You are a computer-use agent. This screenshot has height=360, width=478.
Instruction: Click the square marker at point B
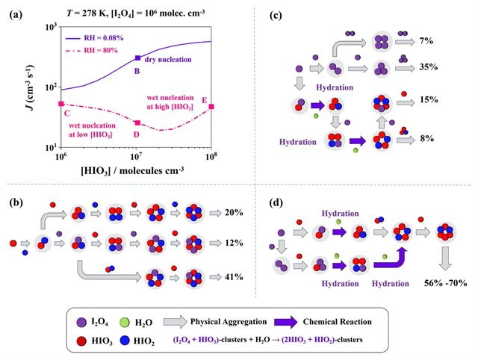[137, 58]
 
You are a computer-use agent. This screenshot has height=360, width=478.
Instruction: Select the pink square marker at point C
[61, 104]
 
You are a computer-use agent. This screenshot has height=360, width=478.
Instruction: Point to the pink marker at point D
[137, 122]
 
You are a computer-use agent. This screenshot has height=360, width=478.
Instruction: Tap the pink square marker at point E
[212, 106]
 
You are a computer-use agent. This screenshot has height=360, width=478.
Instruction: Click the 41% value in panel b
[235, 277]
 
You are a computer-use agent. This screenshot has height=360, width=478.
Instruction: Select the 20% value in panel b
[235, 213]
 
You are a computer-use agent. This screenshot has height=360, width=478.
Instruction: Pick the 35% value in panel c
[427, 66]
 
